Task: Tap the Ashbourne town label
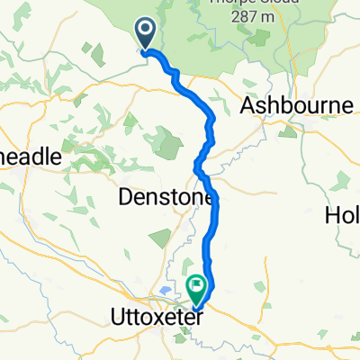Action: pyautogui.click(x=297, y=105)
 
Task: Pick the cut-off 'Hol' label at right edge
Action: pyautogui.click(x=343, y=215)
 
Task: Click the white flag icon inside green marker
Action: pyautogui.click(x=195, y=285)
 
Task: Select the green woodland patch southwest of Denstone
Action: pyautogui.click(x=160, y=238)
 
